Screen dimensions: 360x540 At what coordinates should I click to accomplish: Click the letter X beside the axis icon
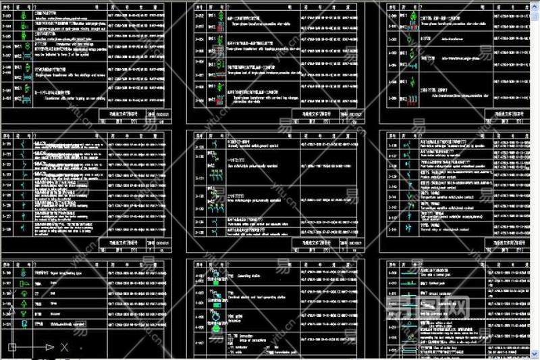[x=64, y=347]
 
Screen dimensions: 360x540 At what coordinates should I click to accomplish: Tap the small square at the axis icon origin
[x=11, y=347]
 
